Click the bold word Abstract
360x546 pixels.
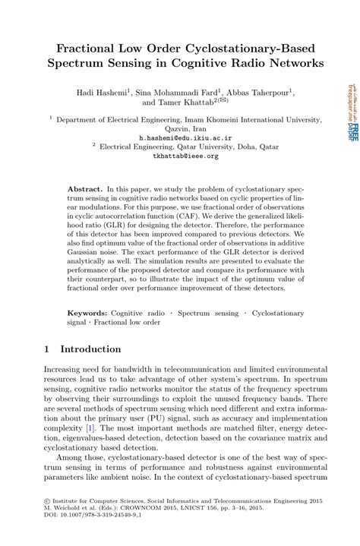coord(86,186)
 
